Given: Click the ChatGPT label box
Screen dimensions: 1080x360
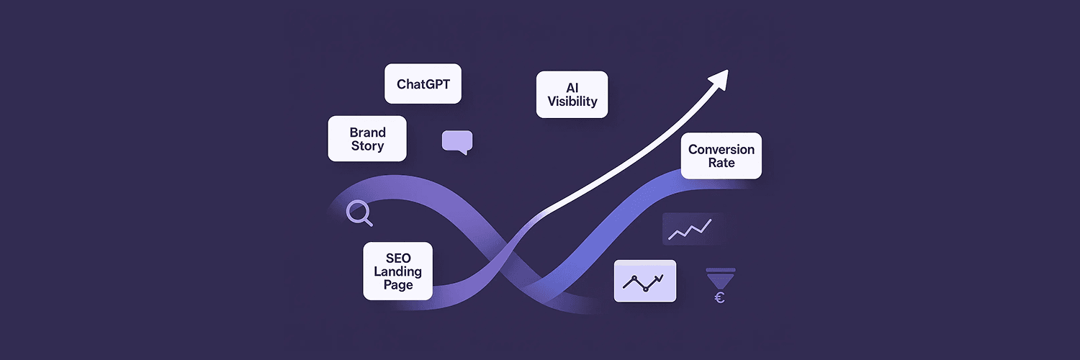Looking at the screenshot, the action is [x=423, y=84].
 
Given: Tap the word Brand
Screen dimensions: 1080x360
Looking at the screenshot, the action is [x=367, y=132].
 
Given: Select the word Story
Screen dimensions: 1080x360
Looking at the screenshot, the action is [x=367, y=146].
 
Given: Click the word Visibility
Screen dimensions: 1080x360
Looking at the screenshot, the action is [x=572, y=102].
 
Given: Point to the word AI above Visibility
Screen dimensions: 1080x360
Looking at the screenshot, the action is [x=572, y=88].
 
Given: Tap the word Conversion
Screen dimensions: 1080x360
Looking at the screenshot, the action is [x=721, y=149].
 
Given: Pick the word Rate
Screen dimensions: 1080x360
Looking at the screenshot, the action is [x=721, y=163].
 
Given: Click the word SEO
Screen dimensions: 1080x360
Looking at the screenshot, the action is [x=398, y=258].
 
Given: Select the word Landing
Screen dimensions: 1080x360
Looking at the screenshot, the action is [x=397, y=272].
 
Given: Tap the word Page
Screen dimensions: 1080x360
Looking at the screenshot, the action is [x=398, y=285].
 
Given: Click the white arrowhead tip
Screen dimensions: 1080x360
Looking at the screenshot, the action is [x=727, y=70].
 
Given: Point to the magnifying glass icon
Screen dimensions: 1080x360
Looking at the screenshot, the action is [x=359, y=213].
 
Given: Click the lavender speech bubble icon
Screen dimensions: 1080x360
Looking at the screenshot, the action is [x=457, y=142].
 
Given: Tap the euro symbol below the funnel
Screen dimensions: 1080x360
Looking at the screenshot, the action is [x=719, y=298].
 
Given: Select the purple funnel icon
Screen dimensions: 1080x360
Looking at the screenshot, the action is [x=721, y=279].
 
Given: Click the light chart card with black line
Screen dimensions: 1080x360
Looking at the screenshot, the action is [x=645, y=281].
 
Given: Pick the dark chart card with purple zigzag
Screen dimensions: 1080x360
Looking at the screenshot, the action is [x=693, y=229].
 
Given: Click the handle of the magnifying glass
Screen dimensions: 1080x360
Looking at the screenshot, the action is [x=369, y=222].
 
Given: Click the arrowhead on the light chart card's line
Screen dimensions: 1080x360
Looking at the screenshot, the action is [x=661, y=277].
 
